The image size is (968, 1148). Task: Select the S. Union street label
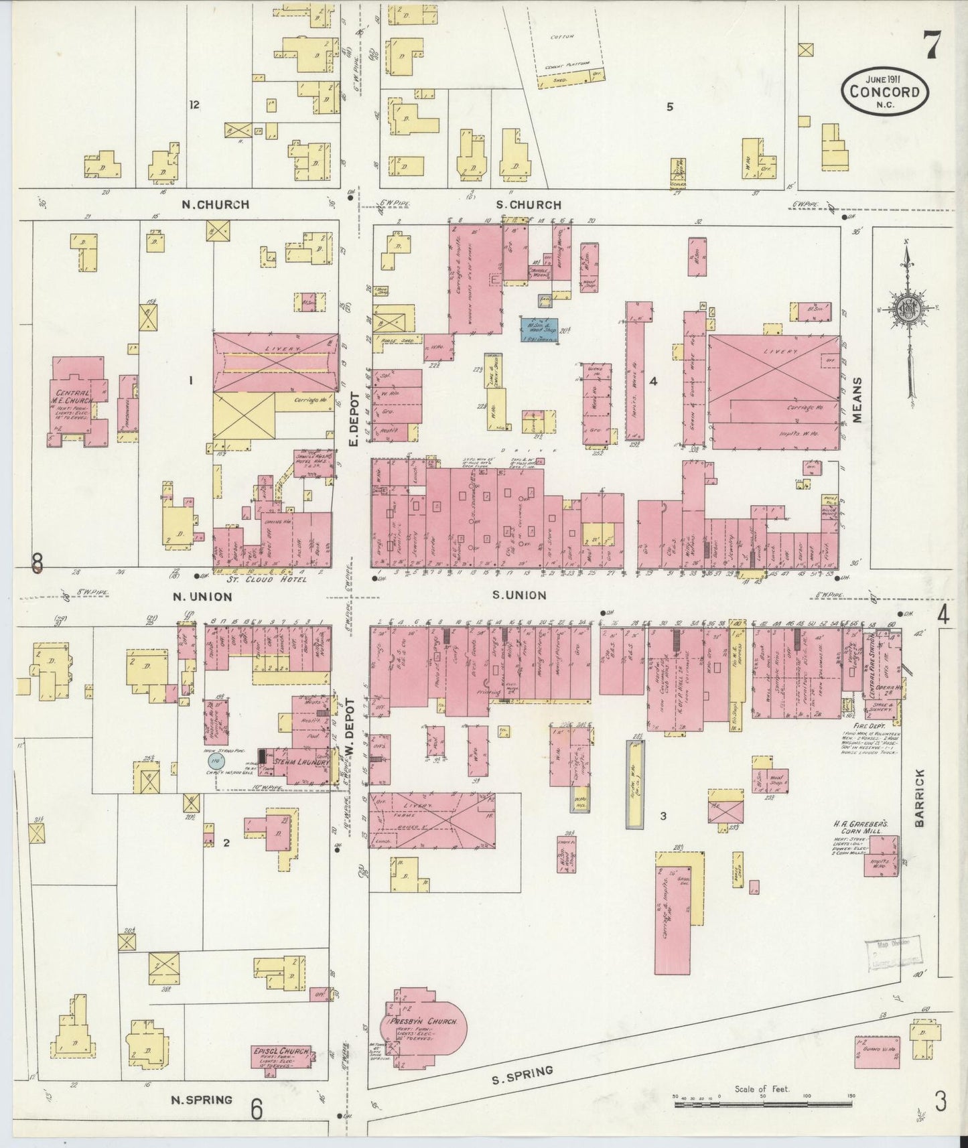pyautogui.click(x=519, y=595)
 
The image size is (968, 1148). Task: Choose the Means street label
pyautogui.click(x=858, y=399)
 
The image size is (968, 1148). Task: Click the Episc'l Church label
pyautogui.click(x=281, y=1051)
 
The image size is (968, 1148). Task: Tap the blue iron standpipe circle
pyautogui.click(x=216, y=761)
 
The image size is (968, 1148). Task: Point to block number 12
pyautogui.click(x=195, y=104)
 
